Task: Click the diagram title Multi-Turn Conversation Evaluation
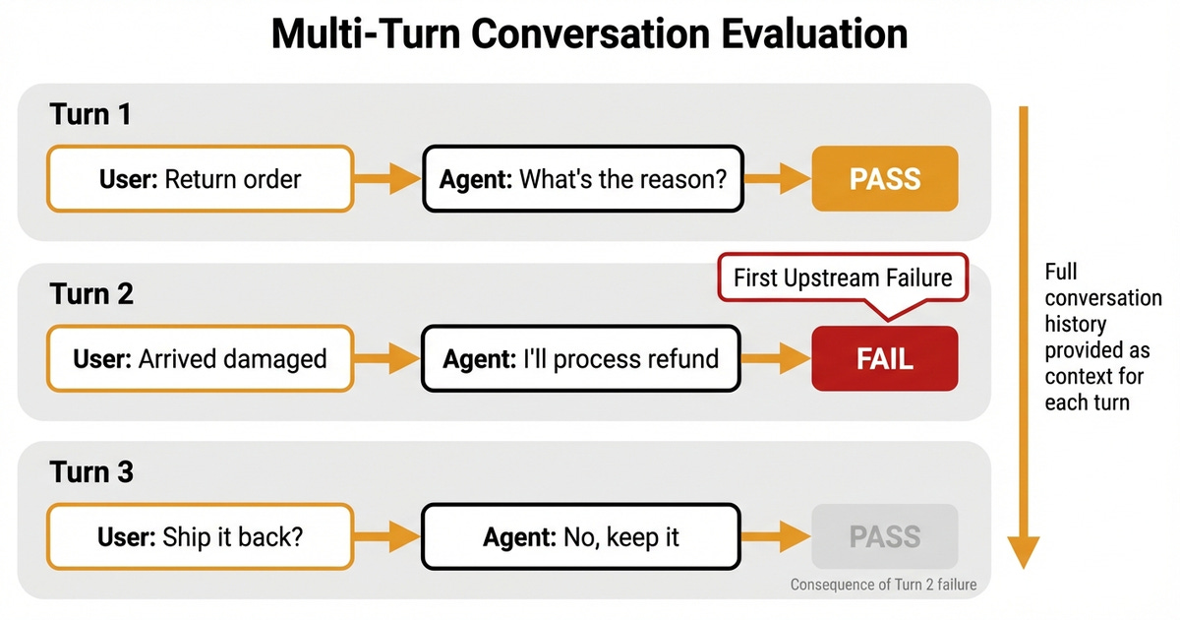[x=589, y=34]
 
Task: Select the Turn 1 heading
[x=90, y=114]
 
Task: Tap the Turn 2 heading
[x=91, y=293]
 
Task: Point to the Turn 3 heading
[x=91, y=472]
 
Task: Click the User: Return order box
[x=200, y=179]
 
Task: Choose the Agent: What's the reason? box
[x=583, y=179]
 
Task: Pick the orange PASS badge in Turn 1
[x=884, y=179]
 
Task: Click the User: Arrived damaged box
[x=200, y=358]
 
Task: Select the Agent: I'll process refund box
[x=583, y=358]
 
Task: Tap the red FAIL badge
[x=884, y=358]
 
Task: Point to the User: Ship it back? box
[x=200, y=537]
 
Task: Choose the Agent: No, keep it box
[x=583, y=537]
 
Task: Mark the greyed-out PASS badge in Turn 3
[x=884, y=537]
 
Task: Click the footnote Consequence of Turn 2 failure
[x=883, y=585]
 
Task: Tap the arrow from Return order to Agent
[x=386, y=179]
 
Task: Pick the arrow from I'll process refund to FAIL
[x=776, y=358]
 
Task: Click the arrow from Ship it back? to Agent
[x=386, y=537]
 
